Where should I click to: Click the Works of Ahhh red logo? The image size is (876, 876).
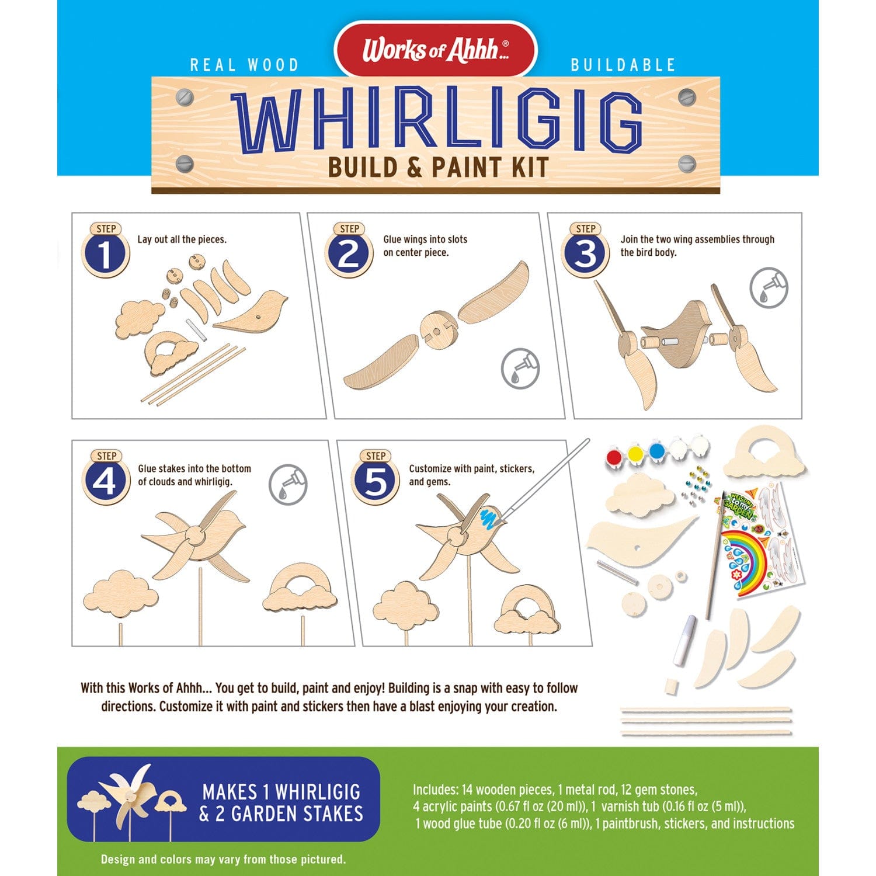click(435, 50)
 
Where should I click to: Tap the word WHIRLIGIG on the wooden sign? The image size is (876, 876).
click(437, 121)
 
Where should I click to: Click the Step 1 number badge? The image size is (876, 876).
click(106, 250)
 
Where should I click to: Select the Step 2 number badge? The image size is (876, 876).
click(349, 250)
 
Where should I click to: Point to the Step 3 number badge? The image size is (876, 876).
click(585, 250)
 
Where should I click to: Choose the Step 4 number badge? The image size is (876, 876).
click(106, 477)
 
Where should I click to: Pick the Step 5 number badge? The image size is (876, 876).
click(375, 477)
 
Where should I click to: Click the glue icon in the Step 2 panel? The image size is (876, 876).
click(520, 369)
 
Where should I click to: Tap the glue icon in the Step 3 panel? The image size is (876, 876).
click(769, 287)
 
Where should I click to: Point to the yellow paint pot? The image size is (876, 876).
click(636, 454)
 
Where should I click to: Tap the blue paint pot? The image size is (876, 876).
click(657, 451)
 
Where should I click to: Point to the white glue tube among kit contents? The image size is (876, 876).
click(684, 640)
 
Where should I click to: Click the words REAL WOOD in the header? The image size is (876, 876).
click(245, 65)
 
